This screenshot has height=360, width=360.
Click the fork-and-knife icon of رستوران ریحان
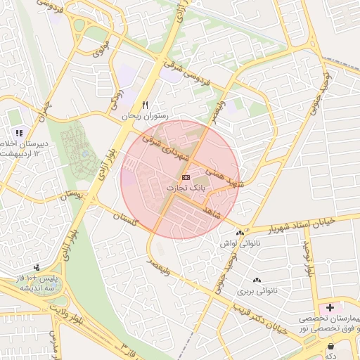(145, 105)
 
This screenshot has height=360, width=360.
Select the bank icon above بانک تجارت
(186, 177)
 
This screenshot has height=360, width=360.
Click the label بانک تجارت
(186, 188)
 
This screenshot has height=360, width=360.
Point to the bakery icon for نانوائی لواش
(240, 233)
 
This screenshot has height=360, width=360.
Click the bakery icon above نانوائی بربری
(257, 280)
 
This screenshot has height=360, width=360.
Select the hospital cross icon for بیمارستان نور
(330, 307)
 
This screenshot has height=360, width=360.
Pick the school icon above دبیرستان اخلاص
(19, 132)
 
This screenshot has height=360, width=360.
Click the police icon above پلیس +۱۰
(36, 267)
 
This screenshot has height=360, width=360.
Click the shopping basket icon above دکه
(331, 346)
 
